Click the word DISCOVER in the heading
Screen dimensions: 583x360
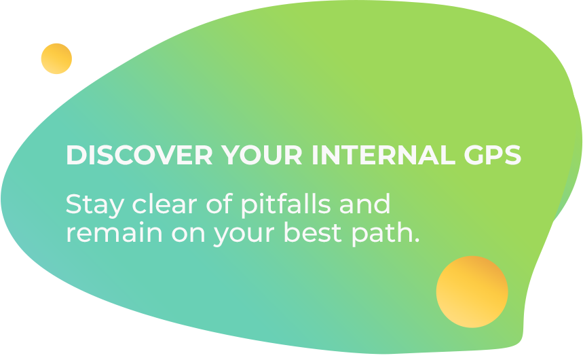pos(139,155)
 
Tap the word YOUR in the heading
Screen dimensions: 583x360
pos(261,155)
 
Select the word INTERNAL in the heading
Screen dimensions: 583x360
pos(383,155)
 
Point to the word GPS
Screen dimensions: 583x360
pos(493,155)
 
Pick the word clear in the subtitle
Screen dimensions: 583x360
pos(164,204)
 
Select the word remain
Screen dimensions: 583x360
pos(114,233)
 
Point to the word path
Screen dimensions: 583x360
pos(382,234)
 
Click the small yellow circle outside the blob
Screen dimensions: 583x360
pos(56,59)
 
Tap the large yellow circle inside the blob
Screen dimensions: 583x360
pos(472,292)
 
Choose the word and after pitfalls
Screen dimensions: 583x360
pos(364,204)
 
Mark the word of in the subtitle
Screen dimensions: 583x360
pos(219,204)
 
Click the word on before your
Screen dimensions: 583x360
pos(188,234)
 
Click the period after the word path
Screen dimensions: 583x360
pos(417,240)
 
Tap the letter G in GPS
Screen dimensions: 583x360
pos(474,155)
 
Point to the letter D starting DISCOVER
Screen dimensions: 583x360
pos(75,155)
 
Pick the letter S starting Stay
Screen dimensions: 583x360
pos(73,204)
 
